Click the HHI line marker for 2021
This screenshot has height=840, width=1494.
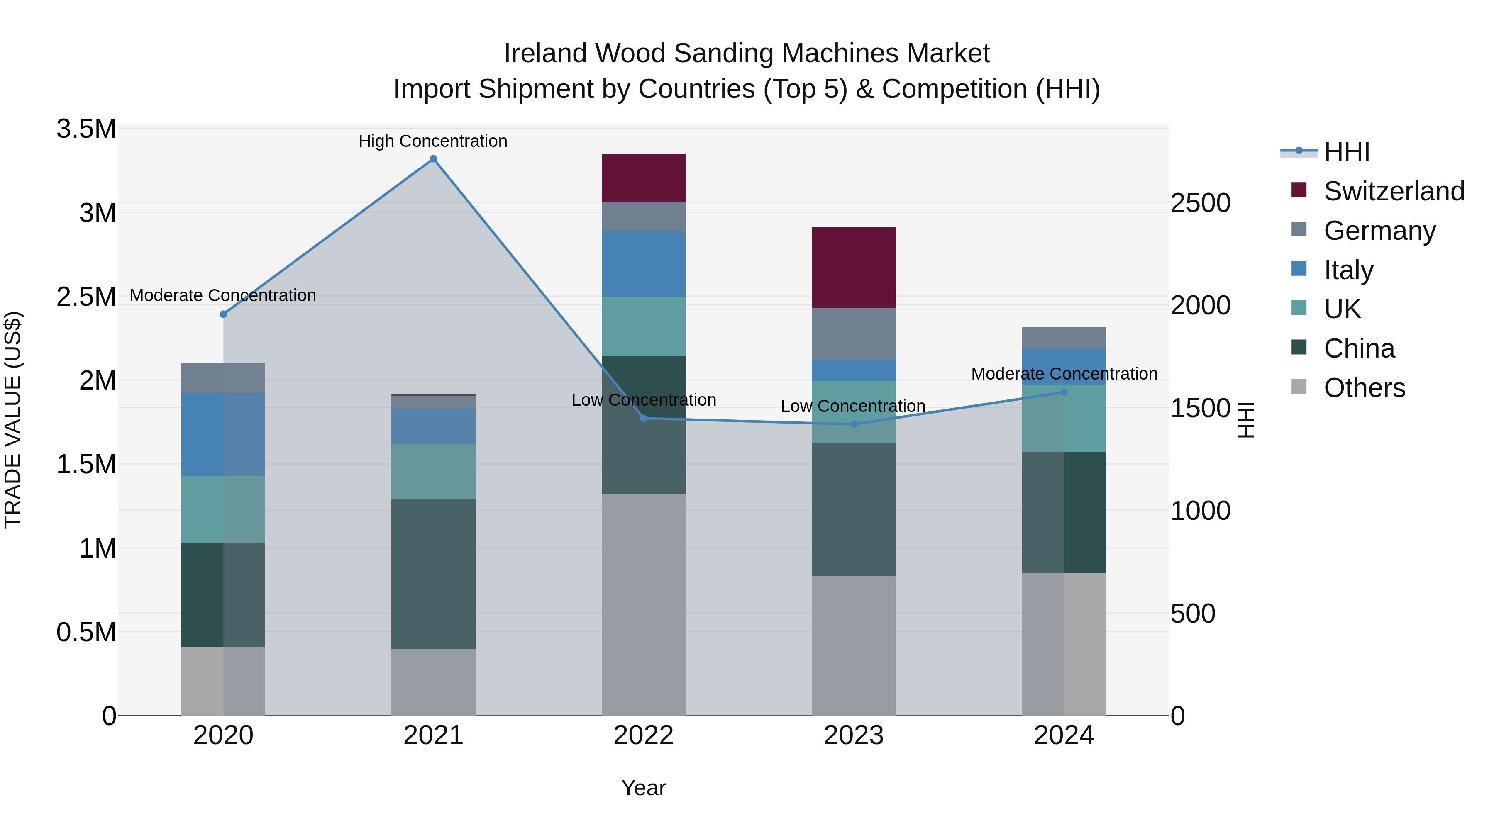coord(433,159)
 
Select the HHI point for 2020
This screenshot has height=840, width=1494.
coord(223,314)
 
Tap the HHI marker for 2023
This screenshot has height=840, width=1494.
coord(854,424)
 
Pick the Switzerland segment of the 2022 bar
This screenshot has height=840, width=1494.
coord(643,178)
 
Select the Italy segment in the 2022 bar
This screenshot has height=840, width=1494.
coord(643,264)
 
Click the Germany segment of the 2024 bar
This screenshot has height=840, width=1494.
coord(1064,338)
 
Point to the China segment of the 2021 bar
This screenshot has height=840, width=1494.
coord(433,574)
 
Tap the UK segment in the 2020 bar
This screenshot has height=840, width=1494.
coord(223,509)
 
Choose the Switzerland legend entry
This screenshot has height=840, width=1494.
coord(1394,191)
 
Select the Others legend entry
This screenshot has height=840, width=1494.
coord(1364,388)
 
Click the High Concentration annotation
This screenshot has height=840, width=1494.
coord(433,141)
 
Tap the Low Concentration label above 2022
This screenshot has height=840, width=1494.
coord(644,400)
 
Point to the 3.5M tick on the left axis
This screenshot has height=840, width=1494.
coord(86,129)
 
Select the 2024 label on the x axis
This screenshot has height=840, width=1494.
coord(1064,735)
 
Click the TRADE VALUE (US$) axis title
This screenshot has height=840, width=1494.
coord(13,420)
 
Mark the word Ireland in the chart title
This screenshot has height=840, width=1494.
coord(545,54)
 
